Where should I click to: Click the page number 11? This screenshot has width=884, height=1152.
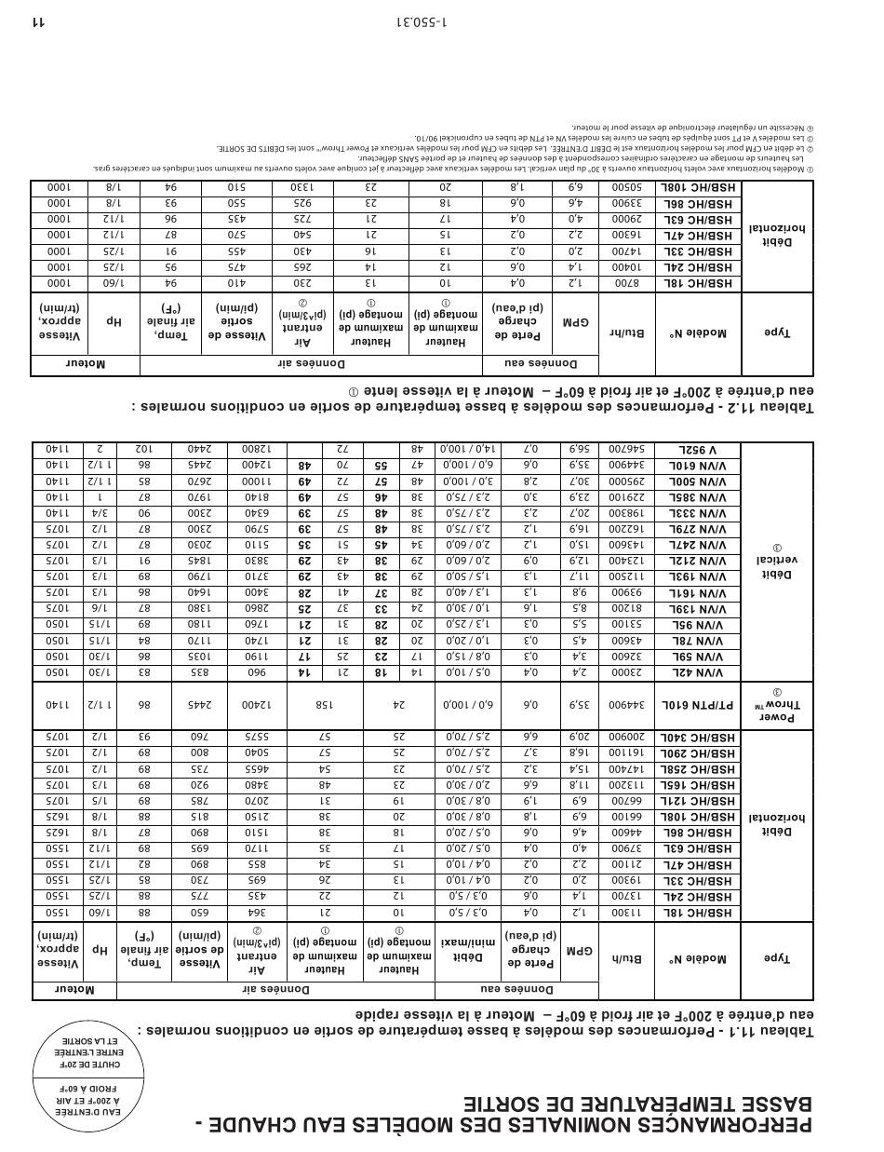(x=38, y=20)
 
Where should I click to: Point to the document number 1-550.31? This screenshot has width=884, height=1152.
(x=421, y=20)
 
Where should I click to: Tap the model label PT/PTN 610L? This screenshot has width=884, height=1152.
(x=698, y=707)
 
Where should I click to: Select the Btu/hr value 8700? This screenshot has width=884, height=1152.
(x=627, y=283)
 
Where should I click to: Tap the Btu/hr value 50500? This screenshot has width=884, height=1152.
(x=627, y=187)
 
